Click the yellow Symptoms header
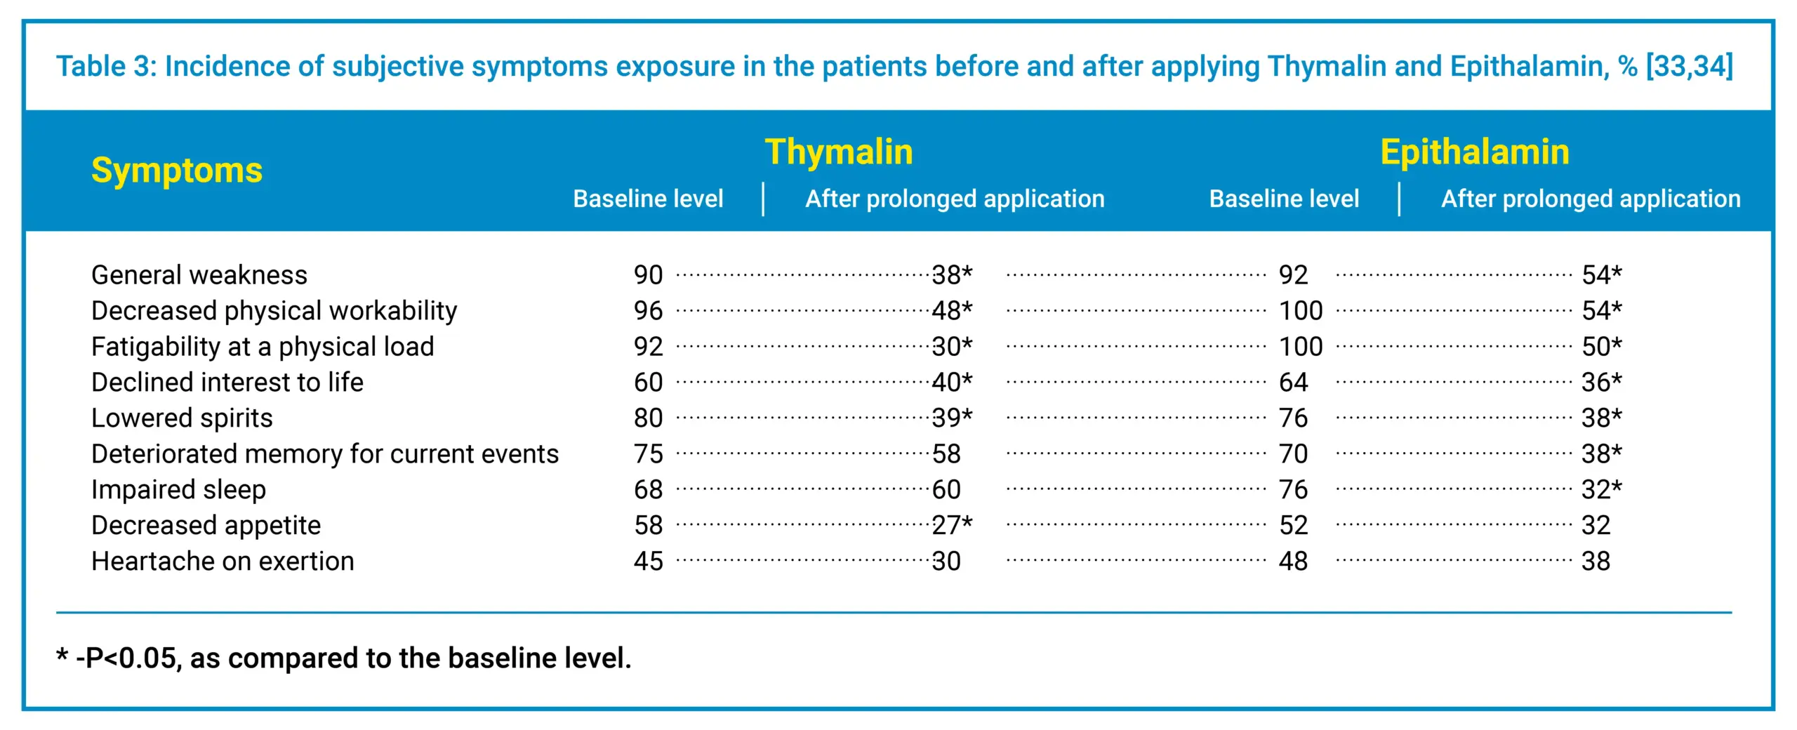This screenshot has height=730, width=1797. pos(177,171)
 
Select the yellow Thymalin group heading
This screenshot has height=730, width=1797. pos(839,152)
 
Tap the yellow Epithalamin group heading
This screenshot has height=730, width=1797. pos(1475,152)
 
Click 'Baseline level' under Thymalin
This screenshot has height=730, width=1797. pos(648,199)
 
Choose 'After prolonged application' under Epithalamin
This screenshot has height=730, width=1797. pos(1591,199)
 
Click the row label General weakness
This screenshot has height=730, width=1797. pos(199,275)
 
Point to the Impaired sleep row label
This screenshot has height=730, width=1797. pos(179,490)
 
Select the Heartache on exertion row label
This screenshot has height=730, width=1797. pos(223,562)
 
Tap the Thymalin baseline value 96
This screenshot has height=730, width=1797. pos(648,311)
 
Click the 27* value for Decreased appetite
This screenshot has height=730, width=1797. pos(952,526)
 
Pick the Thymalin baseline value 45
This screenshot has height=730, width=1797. pos(648,562)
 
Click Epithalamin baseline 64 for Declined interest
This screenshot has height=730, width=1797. pos(1293,383)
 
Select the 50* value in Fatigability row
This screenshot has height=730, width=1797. pos(1601,347)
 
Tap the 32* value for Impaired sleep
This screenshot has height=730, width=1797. pos(1601,490)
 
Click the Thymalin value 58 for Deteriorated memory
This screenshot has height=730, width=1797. pos(946,454)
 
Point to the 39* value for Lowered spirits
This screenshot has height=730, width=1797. pos(952,418)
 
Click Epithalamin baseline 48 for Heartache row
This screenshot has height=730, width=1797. pos(1293,562)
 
